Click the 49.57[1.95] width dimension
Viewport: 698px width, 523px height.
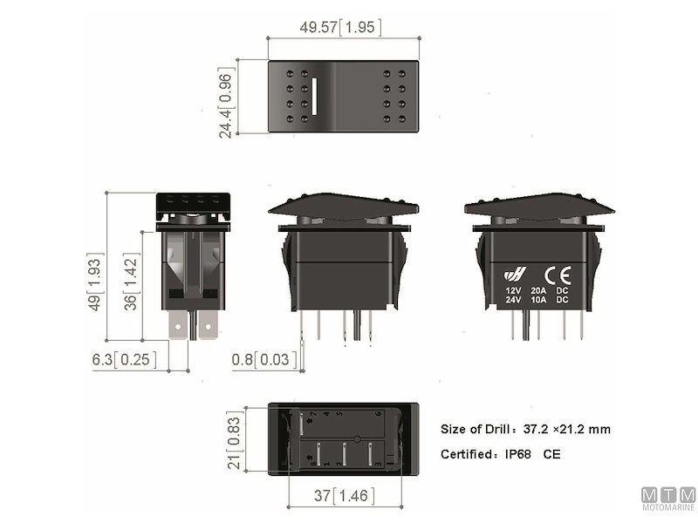(340, 27)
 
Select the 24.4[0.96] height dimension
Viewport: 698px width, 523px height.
(225, 98)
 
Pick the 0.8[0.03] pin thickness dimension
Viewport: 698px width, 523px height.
(263, 359)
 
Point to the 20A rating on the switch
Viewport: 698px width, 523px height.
(538, 290)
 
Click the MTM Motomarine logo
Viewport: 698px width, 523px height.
(668, 499)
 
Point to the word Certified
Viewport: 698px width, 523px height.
(469, 454)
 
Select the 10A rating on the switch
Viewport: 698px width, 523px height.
(538, 300)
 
